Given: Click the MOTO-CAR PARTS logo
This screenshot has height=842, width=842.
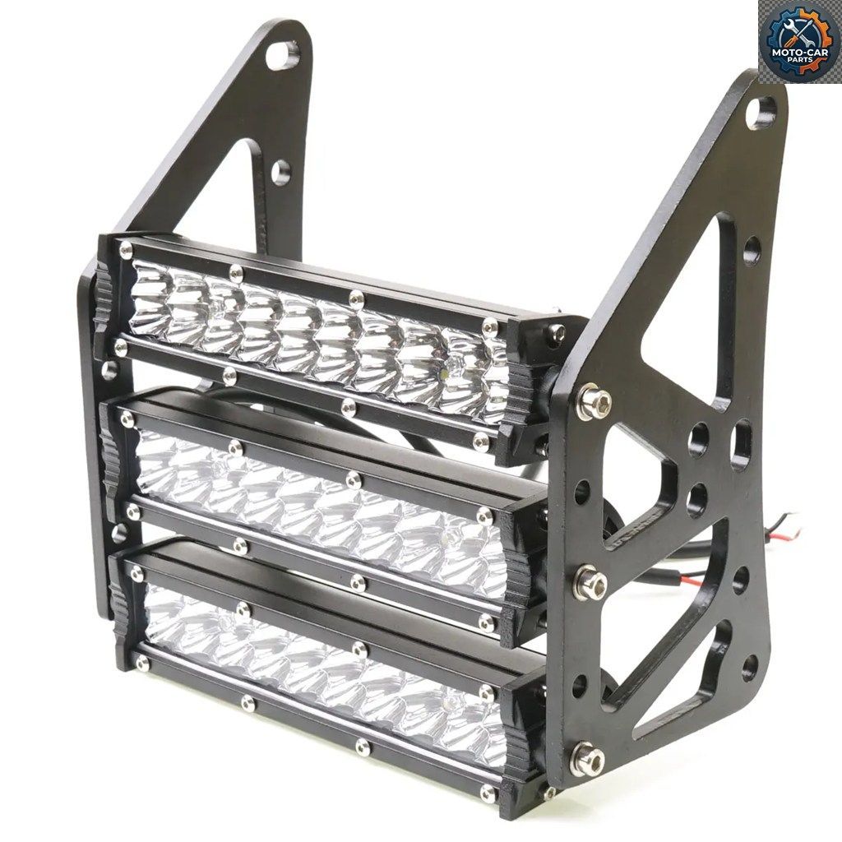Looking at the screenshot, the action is tap(799, 42).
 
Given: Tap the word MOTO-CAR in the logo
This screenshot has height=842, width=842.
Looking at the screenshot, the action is tap(799, 52).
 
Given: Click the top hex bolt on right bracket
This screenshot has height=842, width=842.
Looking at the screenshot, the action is tap(594, 400).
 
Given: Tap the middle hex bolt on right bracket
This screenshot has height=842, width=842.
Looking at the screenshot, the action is tap(592, 581).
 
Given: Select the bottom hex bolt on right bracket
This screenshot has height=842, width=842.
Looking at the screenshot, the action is tap(586, 758).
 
